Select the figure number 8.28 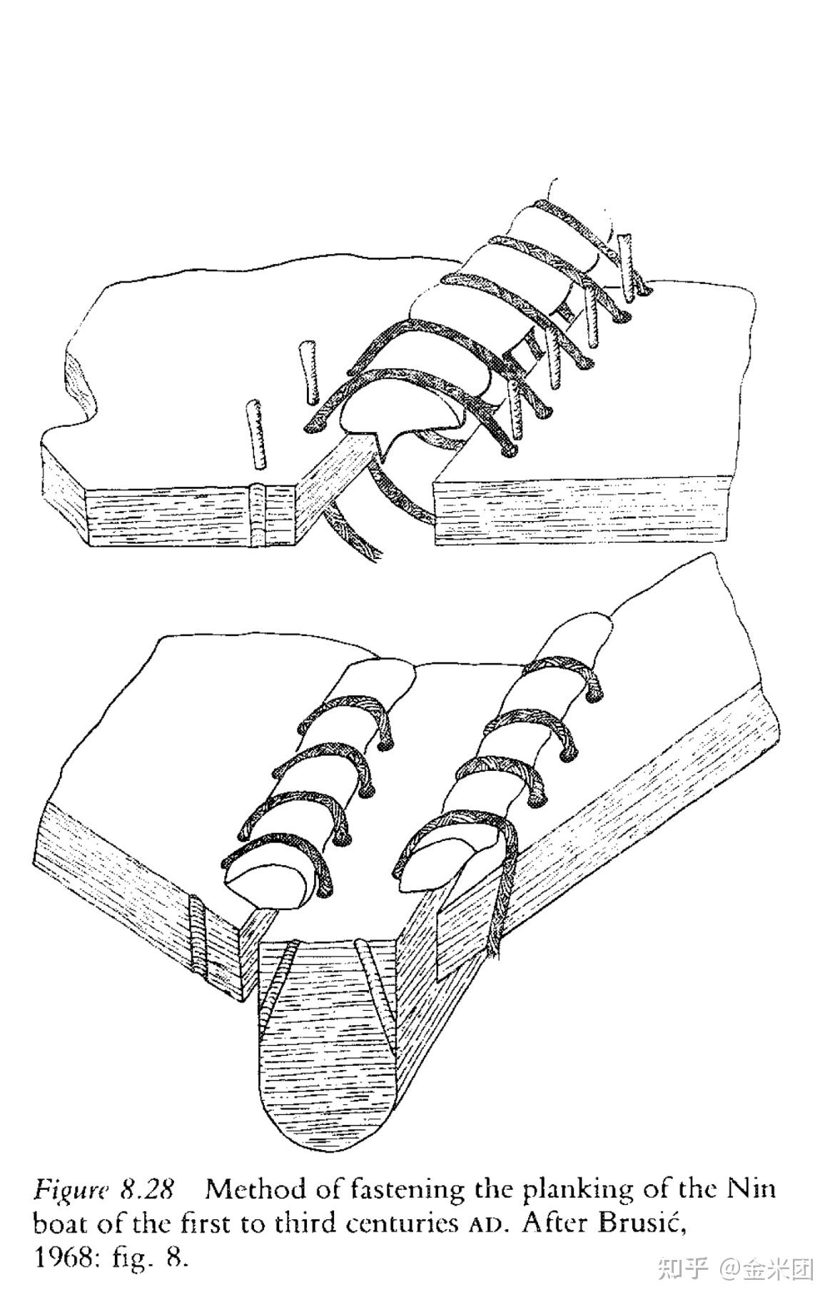click(147, 1189)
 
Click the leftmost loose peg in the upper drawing click(253, 435)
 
